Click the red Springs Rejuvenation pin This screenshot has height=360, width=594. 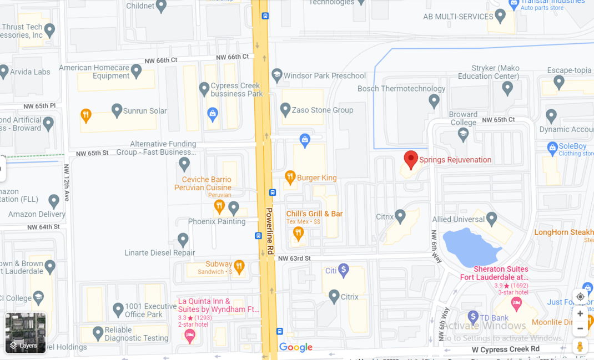(x=410, y=159)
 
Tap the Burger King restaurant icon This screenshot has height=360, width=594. (x=290, y=178)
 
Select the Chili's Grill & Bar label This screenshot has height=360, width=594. (x=314, y=214)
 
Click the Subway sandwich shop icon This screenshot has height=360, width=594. (x=239, y=266)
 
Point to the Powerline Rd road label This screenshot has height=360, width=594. (x=269, y=231)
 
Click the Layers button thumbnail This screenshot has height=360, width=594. (x=26, y=333)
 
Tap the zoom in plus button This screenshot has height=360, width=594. (x=580, y=313)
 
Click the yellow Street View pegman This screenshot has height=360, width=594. (x=580, y=346)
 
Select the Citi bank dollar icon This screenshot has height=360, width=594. (x=344, y=270)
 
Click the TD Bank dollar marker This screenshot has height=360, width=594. (x=473, y=317)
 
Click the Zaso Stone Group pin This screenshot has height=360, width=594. (x=285, y=109)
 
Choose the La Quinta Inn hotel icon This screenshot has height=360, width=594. (x=190, y=335)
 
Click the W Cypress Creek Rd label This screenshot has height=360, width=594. (x=505, y=349)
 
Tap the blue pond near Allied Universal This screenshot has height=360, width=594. (x=472, y=246)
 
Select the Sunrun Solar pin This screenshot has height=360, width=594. (x=117, y=110)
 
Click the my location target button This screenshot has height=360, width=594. (x=580, y=297)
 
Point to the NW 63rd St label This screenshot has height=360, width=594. (x=294, y=258)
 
